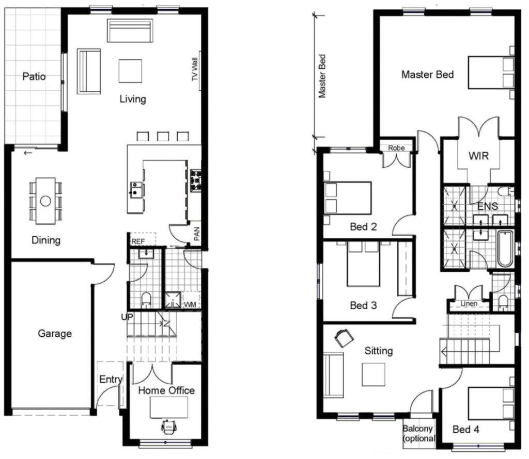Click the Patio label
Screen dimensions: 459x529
coord(34,77)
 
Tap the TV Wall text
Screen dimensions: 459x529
coord(195,69)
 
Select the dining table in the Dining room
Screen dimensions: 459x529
coord(45,201)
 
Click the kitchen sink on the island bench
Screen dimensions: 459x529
coord(136,189)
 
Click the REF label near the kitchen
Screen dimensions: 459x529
coord(137,241)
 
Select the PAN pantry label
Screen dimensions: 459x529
coord(196,235)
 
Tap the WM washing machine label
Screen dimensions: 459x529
coord(190,304)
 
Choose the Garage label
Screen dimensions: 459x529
coord(55,334)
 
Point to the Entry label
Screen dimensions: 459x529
coord(111,380)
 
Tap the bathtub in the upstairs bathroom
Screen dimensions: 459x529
coord(504,249)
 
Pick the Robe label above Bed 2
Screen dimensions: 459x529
coord(396,148)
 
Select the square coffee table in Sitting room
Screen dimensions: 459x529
coord(373,374)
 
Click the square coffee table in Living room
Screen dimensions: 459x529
coord(130,71)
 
